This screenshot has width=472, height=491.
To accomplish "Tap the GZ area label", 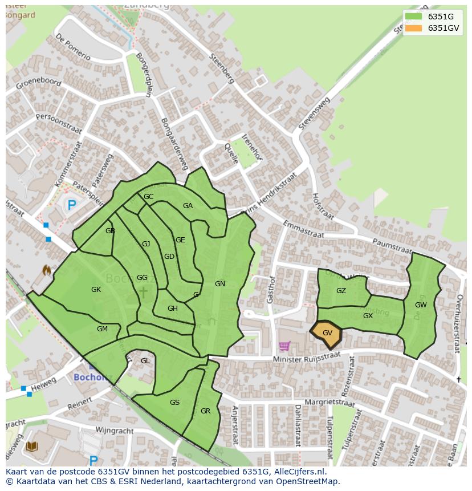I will (341, 291).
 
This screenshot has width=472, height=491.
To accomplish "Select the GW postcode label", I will (421, 305).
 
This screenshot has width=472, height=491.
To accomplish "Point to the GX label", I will (368, 316).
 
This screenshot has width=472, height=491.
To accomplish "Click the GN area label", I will (220, 284).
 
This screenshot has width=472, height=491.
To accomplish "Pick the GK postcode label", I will (96, 290).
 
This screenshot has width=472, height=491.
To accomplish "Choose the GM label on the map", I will (102, 329).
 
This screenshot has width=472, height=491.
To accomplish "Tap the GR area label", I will (205, 411).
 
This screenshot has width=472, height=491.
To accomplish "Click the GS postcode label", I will (174, 403).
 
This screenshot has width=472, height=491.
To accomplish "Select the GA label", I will (188, 206).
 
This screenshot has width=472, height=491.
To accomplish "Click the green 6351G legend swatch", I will (414, 16).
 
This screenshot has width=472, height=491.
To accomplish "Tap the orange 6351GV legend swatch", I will (414, 28).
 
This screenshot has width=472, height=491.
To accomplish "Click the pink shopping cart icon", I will (284, 346).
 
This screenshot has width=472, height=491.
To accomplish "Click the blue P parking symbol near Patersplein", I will (71, 205).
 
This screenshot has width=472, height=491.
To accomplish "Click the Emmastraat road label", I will (303, 229).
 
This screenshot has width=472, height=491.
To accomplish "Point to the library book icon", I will (32, 446).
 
